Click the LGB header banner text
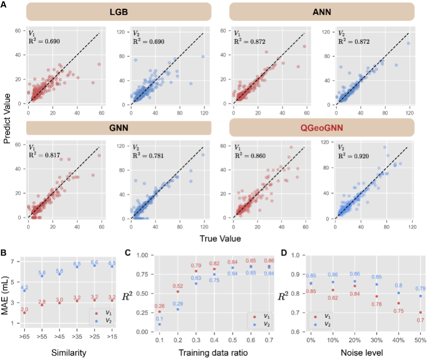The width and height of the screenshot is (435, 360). (x=118, y=12)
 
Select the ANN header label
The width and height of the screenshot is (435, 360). (x=322, y=12)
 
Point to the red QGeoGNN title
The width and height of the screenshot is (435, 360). (x=322, y=127)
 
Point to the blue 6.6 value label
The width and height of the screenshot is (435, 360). (x=94, y=262)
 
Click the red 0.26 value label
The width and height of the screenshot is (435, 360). (x=160, y=306)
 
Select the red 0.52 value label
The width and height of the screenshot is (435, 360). (x=178, y=286)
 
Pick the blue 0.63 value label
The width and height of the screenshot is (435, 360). (x=196, y=278)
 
